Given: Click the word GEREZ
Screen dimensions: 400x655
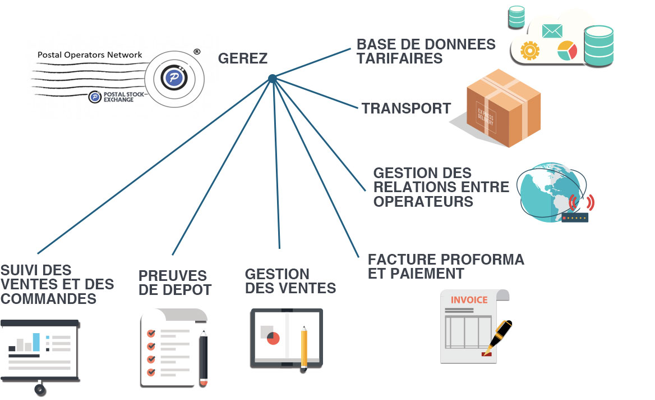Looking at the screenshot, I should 242,58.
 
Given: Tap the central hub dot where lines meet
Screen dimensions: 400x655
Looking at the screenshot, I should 272,79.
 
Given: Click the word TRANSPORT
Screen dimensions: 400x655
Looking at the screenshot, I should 406,108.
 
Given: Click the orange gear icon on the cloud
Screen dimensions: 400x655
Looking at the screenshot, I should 529,51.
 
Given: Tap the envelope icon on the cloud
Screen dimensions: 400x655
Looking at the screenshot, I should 552,31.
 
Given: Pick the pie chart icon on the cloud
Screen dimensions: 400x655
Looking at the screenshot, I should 567,50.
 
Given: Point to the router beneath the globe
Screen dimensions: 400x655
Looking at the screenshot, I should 575,217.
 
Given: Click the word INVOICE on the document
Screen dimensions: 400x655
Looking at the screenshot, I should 469,300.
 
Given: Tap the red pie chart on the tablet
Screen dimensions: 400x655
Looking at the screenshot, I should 273,338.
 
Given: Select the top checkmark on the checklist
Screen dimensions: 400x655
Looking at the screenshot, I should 151,333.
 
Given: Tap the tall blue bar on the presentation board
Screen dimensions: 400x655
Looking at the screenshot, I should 36,342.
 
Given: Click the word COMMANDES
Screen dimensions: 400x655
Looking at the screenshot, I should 48,298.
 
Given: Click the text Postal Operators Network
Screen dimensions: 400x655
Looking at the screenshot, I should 90,55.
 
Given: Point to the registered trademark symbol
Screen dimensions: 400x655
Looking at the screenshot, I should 197,51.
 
